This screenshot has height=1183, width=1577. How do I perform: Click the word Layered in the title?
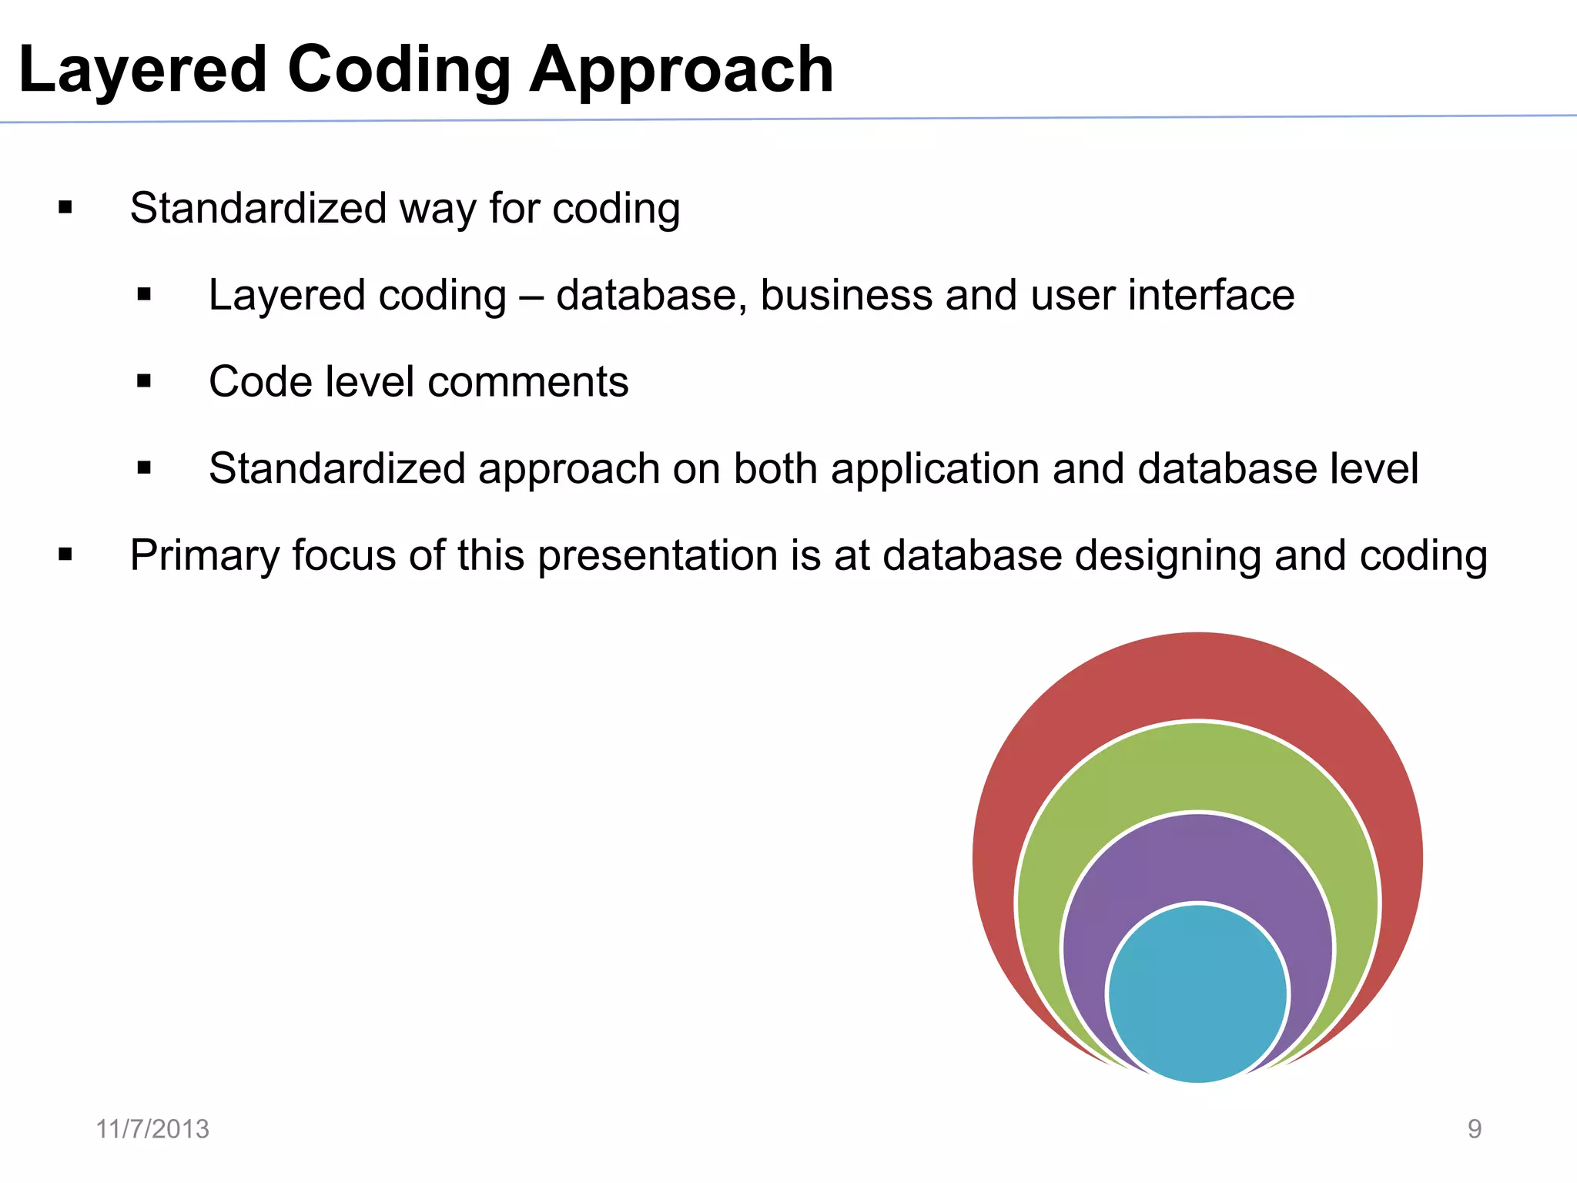(142, 71)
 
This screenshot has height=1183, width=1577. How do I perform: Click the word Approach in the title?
(681, 71)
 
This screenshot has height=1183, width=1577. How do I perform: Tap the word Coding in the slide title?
(399, 71)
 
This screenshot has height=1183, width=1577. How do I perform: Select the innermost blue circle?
(1197, 994)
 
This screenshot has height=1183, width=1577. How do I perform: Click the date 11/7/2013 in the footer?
(152, 1129)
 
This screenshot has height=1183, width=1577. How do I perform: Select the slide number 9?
(1474, 1129)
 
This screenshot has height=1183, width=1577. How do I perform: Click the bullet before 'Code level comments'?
(144, 381)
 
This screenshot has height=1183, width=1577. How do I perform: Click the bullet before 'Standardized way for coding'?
(65, 208)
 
